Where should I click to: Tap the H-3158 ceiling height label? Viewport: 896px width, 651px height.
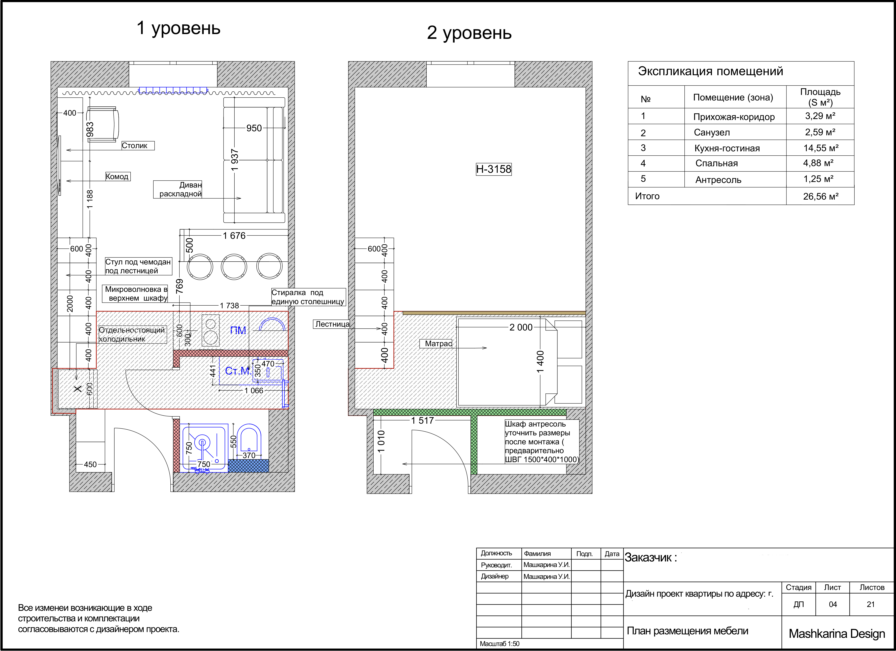[493, 169]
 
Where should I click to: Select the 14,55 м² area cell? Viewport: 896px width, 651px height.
[821, 148]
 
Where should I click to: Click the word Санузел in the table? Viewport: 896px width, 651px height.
[712, 133]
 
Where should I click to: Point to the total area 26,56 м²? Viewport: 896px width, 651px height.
[821, 196]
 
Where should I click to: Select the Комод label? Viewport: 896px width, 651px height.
[117, 176]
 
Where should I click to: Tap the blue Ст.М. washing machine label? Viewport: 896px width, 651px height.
[238, 371]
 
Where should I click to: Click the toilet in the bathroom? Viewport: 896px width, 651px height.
[249, 438]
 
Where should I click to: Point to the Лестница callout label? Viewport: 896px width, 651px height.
[332, 324]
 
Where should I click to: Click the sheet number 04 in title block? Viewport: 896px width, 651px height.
[833, 604]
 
